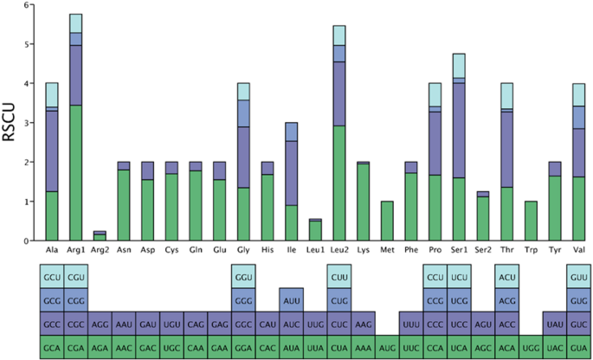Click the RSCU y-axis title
[10, 123]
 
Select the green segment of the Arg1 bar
[75, 173]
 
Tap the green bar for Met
[388, 221]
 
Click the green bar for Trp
[531, 221]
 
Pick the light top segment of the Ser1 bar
[459, 66]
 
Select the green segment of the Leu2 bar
[339, 183]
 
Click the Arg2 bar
[100, 236]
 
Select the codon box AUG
[388, 346]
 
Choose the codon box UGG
[531, 346]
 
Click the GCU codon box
[52, 276]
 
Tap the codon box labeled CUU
[339, 276]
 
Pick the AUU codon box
[292, 299]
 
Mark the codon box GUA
[578, 346]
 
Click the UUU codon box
[411, 323]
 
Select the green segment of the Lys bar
[364, 202]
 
